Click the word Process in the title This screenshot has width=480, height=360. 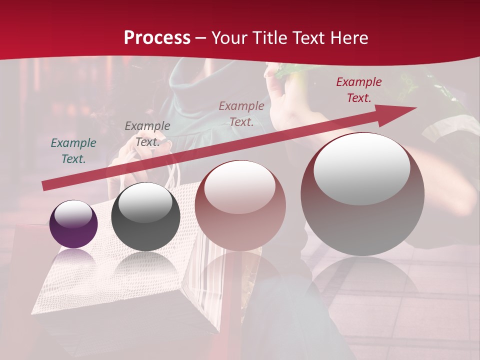tap(157, 37)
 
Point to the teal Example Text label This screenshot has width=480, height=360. tap(73, 150)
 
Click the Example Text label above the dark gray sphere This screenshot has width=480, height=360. tap(147, 133)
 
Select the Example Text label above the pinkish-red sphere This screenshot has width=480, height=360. tap(241, 113)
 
